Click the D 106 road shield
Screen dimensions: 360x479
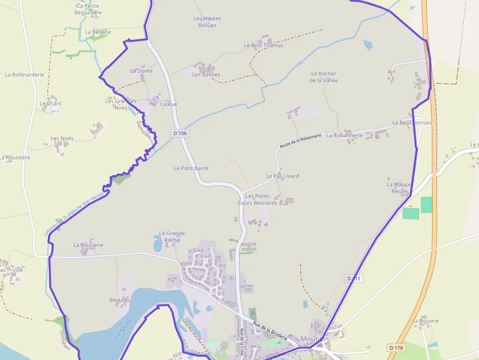(x=180, y=133)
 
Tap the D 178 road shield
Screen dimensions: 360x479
(x=396, y=347)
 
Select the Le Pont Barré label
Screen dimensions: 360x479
(x=191, y=168)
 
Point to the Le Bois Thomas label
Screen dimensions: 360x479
(x=263, y=45)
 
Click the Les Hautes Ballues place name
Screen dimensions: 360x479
(x=207, y=22)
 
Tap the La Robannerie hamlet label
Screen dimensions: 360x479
(x=345, y=135)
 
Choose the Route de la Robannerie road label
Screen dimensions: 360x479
(x=301, y=141)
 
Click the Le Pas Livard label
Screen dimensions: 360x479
(x=283, y=176)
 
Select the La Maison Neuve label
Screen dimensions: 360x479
(x=399, y=188)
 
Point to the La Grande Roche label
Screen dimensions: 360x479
(x=172, y=236)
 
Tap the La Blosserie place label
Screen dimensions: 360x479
(x=88, y=245)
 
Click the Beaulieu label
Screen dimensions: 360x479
(x=120, y=299)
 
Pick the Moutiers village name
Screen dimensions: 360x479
(x=315, y=339)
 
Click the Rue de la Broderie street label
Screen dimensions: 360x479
(x=270, y=330)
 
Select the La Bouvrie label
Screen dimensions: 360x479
(x=425, y=321)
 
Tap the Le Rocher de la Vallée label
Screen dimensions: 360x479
(x=324, y=77)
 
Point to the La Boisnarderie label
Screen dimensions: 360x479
(x=24, y=75)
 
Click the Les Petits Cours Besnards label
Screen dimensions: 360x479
(x=257, y=199)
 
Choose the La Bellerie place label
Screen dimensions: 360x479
(x=98, y=32)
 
